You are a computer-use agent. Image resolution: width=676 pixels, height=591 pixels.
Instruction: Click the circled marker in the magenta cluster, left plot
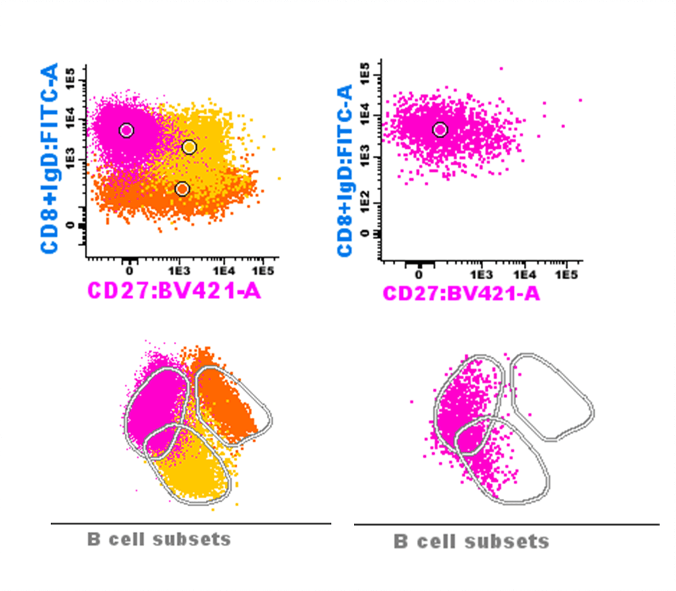pyautogui.click(x=126, y=130)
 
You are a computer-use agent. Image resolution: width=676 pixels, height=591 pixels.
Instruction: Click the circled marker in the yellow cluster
pyautogui.click(x=189, y=148)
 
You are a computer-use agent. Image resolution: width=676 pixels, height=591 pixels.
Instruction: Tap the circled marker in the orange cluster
pyautogui.click(x=182, y=189)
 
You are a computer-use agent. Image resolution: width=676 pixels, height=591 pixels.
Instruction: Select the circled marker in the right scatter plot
pyautogui.click(x=440, y=130)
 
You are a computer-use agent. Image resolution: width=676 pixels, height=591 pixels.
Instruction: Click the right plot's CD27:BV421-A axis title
pyautogui.click(x=461, y=293)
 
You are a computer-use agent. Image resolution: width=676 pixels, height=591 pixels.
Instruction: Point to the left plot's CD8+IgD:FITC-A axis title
pyautogui.click(x=50, y=157)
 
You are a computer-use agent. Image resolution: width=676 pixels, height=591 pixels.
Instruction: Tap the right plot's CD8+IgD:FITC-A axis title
pyautogui.click(x=345, y=170)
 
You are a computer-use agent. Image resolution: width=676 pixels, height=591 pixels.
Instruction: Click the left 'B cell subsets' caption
pyautogui.click(x=159, y=539)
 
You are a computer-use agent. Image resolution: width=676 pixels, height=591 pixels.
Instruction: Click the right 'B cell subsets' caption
pyautogui.click(x=472, y=542)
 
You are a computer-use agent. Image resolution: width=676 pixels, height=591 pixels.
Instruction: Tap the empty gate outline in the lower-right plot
pyautogui.click(x=552, y=396)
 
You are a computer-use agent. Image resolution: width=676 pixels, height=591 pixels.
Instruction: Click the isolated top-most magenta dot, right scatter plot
pyautogui.click(x=501, y=69)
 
